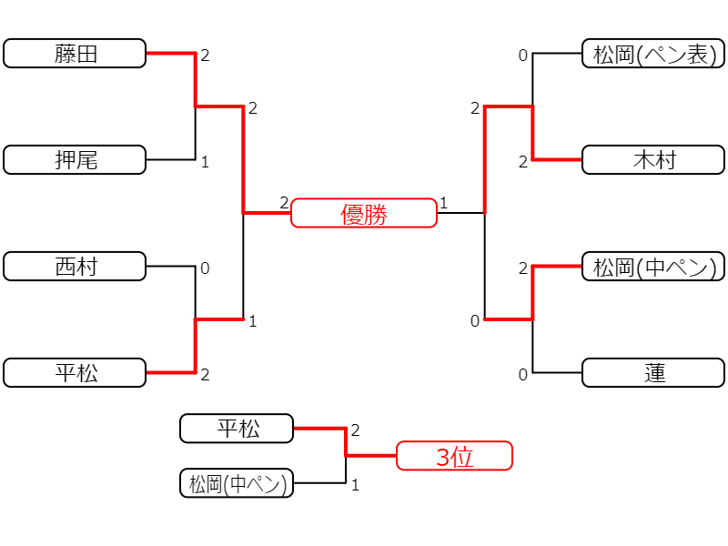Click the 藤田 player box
[75, 54]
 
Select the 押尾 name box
[75, 160]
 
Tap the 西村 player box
[75, 266]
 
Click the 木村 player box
[653, 160]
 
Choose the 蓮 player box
[653, 372]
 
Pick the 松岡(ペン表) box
[653, 54]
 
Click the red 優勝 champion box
[364, 213]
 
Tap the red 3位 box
[454, 456]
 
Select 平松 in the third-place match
[237, 428]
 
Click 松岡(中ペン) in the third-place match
[237, 483]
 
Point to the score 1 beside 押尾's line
[206, 162]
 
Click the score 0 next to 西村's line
[205, 268]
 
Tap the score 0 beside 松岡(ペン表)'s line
[523, 56]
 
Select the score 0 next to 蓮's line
[523, 375]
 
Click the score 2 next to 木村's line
[523, 162]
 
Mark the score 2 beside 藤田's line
[206, 56]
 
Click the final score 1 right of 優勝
[444, 203]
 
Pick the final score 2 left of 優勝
[284, 203]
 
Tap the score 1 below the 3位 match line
[356, 485]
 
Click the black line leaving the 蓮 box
[557, 372]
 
